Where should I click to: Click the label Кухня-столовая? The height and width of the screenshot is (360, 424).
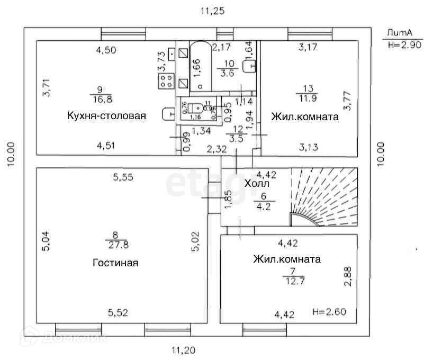click(x=106, y=116)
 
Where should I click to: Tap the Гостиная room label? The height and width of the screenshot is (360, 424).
click(x=115, y=263)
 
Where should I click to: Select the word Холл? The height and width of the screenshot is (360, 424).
click(x=257, y=184)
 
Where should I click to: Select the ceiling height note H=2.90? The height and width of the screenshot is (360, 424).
click(x=403, y=45)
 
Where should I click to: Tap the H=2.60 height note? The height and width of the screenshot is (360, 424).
click(x=329, y=311)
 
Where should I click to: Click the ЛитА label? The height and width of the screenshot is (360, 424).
click(x=399, y=32)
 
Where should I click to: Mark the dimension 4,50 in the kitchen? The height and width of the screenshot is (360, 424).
click(x=106, y=51)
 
